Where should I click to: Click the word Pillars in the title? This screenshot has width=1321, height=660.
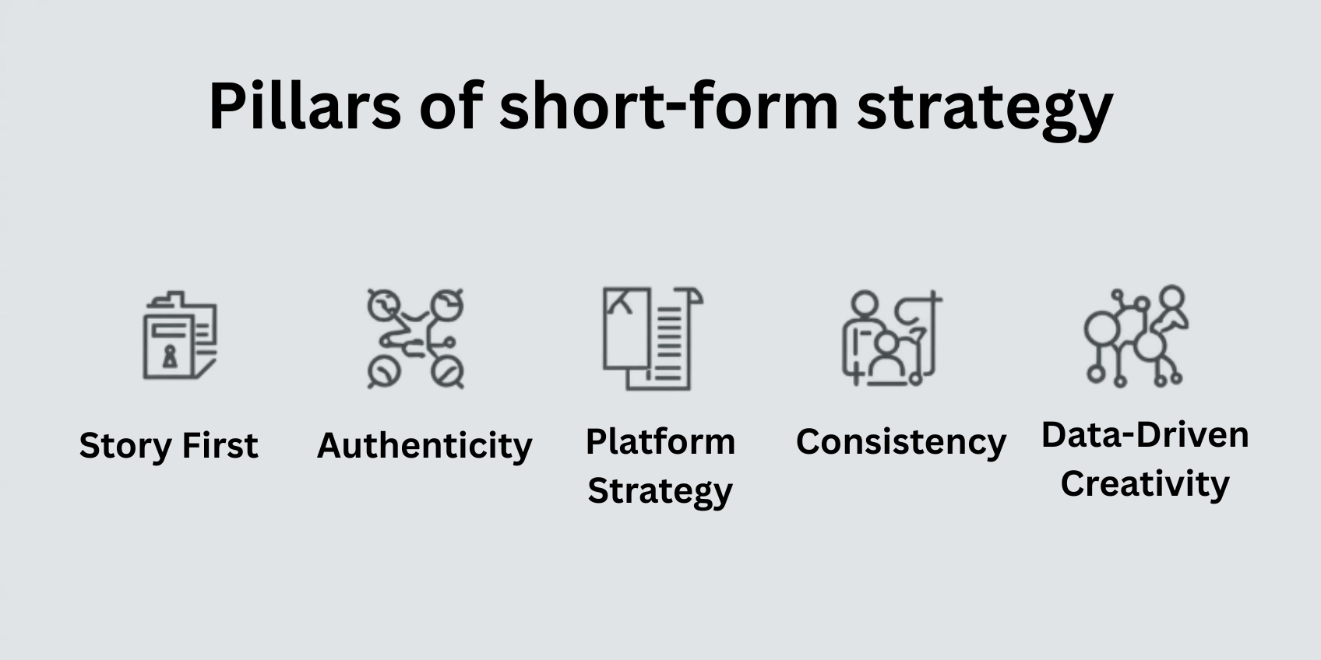[305, 106]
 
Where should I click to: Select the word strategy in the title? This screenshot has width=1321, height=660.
[985, 111]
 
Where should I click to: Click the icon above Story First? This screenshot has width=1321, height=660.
[181, 335]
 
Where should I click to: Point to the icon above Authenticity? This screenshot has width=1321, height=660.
[416, 339]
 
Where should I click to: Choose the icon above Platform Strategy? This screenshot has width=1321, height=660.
[652, 339]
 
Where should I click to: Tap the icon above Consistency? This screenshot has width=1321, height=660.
[891, 339]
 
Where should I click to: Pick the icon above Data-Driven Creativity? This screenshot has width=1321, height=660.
[1136, 336]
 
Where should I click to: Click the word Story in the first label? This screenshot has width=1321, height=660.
[125, 446]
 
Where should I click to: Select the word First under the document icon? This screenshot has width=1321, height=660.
[220, 445]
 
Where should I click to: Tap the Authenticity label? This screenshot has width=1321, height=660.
[424, 446]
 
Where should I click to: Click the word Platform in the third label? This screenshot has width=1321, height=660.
[660, 442]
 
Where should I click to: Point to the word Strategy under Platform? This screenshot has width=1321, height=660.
[660, 491]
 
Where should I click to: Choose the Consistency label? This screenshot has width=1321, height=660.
[901, 442]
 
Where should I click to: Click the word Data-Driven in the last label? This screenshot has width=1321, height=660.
[1145, 436]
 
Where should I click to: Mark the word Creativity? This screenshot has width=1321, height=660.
[1145, 484]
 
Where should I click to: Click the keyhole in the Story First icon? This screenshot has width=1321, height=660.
[170, 356]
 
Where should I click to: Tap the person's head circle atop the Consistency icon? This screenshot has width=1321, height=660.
[865, 304]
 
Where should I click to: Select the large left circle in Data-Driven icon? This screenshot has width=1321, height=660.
[1101, 328]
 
